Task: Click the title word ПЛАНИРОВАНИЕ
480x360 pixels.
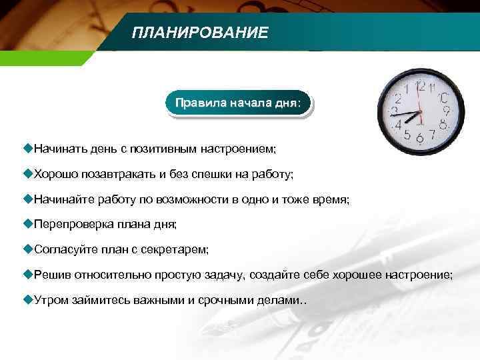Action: click(x=199, y=33)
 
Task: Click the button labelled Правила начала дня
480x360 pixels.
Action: click(x=237, y=104)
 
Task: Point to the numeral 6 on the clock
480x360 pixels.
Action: click(x=419, y=139)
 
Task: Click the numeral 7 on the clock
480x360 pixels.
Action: click(x=432, y=135)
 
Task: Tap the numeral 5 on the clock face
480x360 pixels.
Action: click(x=407, y=135)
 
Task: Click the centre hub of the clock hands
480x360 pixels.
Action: click(x=419, y=113)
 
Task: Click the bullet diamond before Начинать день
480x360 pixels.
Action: click(x=27, y=146)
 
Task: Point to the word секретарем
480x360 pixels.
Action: click(x=178, y=249)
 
